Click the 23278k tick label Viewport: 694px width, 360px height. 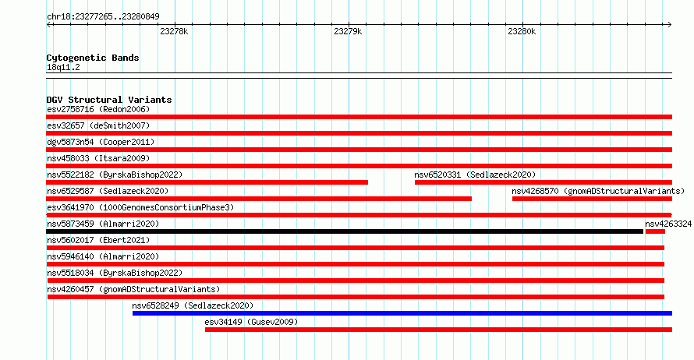174,31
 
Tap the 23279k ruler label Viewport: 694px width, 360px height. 348,31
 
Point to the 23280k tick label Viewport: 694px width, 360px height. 522,31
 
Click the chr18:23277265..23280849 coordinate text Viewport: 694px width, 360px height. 103,17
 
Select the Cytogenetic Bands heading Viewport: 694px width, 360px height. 93,58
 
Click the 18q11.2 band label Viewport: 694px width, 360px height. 63,67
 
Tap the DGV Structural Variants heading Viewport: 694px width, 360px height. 109,100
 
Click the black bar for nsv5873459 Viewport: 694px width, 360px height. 345,231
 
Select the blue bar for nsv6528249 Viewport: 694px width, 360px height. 402,313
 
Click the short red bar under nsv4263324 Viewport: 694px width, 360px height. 655,231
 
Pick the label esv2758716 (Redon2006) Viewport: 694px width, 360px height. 98,109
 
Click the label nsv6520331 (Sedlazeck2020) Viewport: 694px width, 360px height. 475,175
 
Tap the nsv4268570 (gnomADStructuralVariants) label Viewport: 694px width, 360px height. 598,191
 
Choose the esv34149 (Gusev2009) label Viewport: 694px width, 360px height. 251,322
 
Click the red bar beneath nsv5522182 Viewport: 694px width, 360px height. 207,182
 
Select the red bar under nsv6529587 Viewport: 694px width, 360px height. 259,199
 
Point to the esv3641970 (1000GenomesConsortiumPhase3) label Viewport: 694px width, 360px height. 140,207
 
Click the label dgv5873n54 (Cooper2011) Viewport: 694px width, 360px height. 101,142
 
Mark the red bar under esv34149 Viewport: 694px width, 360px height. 438,330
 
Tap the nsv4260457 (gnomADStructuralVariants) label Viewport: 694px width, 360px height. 133,289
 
